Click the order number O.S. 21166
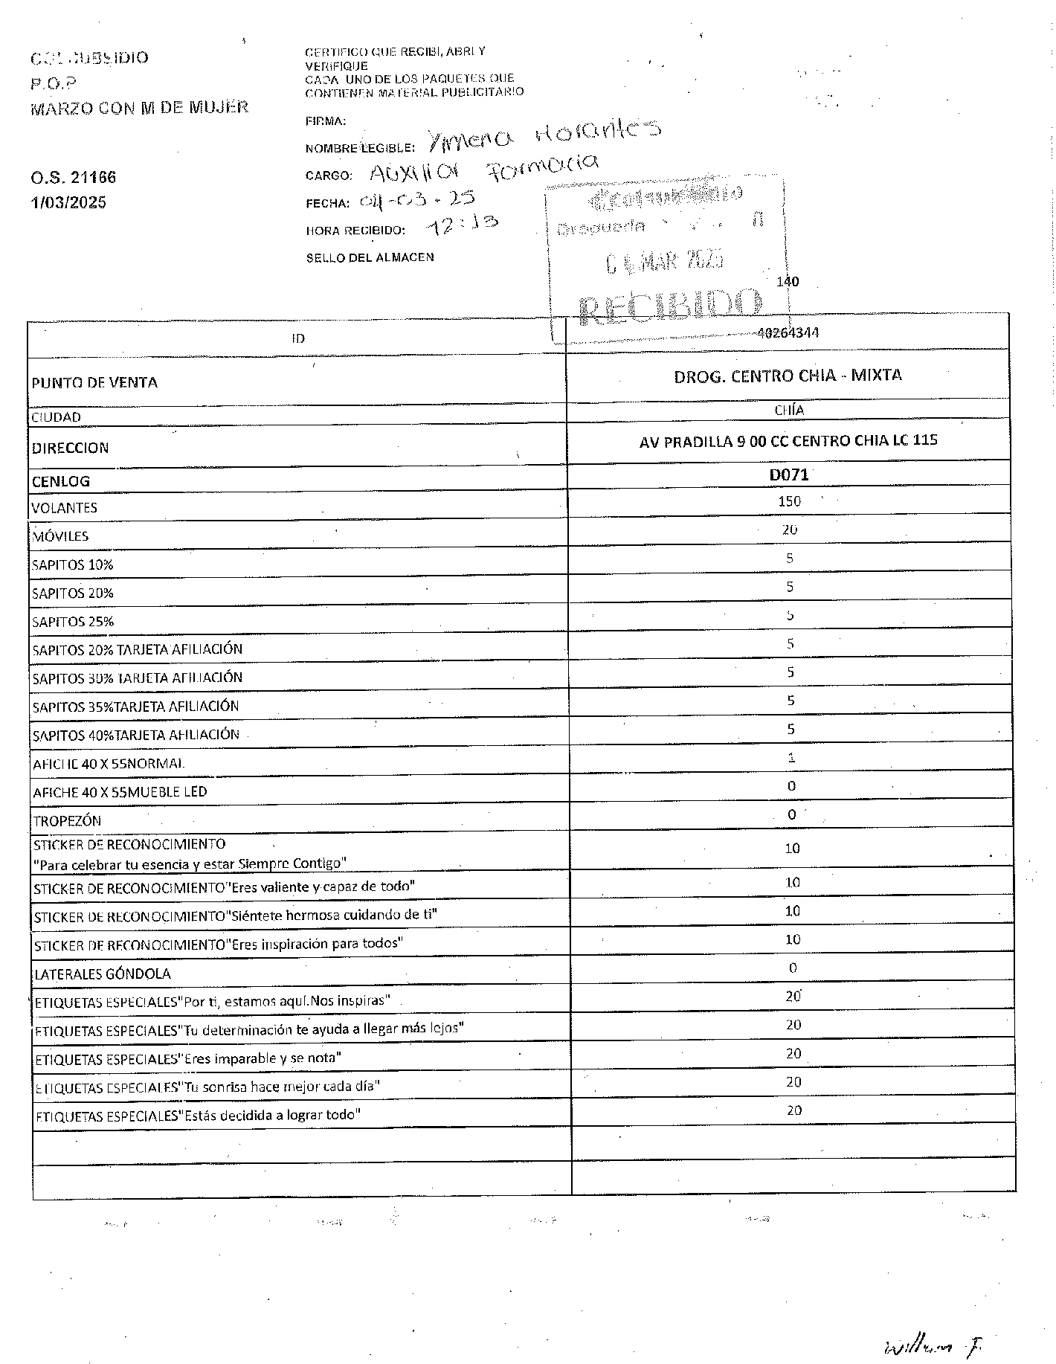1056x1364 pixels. coord(74,178)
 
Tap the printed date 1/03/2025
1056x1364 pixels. coord(68,202)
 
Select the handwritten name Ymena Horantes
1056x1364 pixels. coord(544,137)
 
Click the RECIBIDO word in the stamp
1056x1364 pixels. coord(670,306)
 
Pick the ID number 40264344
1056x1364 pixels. coord(788,333)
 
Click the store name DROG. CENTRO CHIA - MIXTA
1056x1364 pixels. coord(788,376)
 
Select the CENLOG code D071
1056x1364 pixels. coord(788,474)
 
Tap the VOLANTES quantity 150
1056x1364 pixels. coord(789,501)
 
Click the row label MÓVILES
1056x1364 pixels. coord(60,536)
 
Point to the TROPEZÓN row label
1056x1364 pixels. coord(67,821)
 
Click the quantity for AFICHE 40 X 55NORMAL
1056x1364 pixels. coord(791,758)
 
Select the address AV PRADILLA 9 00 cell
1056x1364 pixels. coord(788,441)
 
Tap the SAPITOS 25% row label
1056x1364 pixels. coord(73,622)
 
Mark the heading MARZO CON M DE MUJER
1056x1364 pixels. coord(139,108)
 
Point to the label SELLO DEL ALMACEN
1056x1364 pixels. coord(370,258)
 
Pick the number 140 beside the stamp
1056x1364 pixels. coord(788,282)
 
